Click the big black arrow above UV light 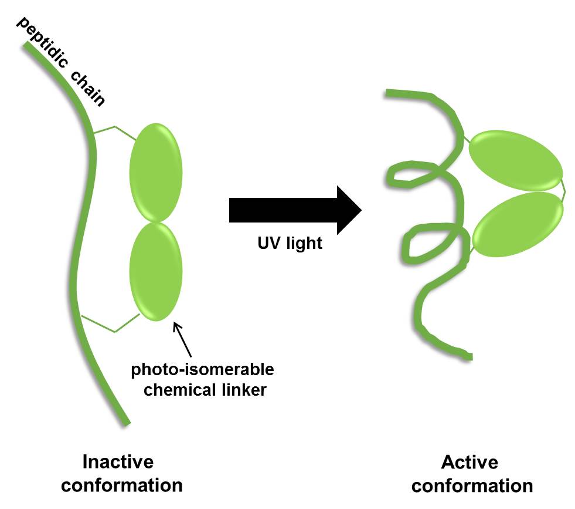tap(293, 210)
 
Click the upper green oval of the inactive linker tap(155, 171)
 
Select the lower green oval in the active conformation tap(517, 225)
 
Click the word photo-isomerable tap(202, 370)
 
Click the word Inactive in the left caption tap(118, 461)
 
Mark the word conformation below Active tap(477, 486)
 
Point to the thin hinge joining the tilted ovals tap(563, 189)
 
